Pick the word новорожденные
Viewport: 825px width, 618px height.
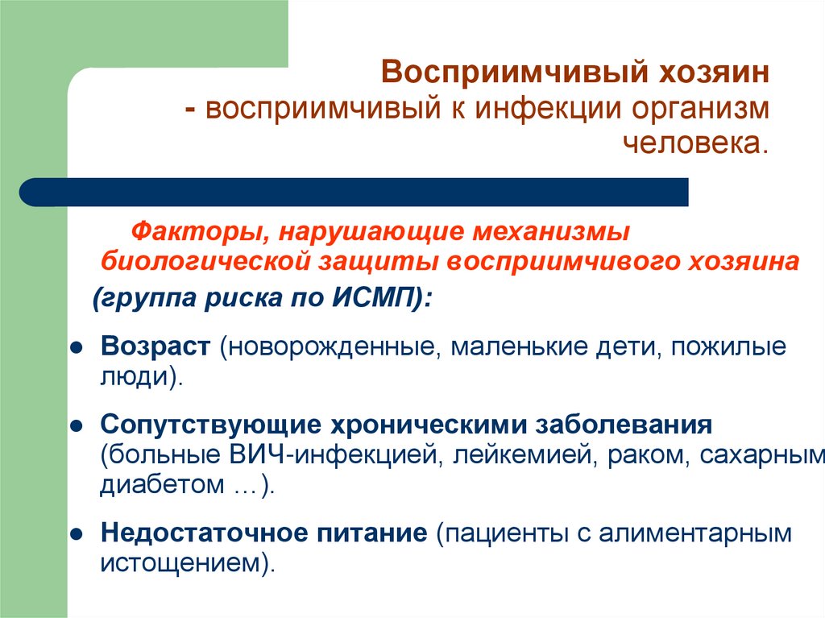pyautogui.click(x=332, y=347)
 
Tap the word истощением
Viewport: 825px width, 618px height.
pyautogui.click(x=181, y=562)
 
